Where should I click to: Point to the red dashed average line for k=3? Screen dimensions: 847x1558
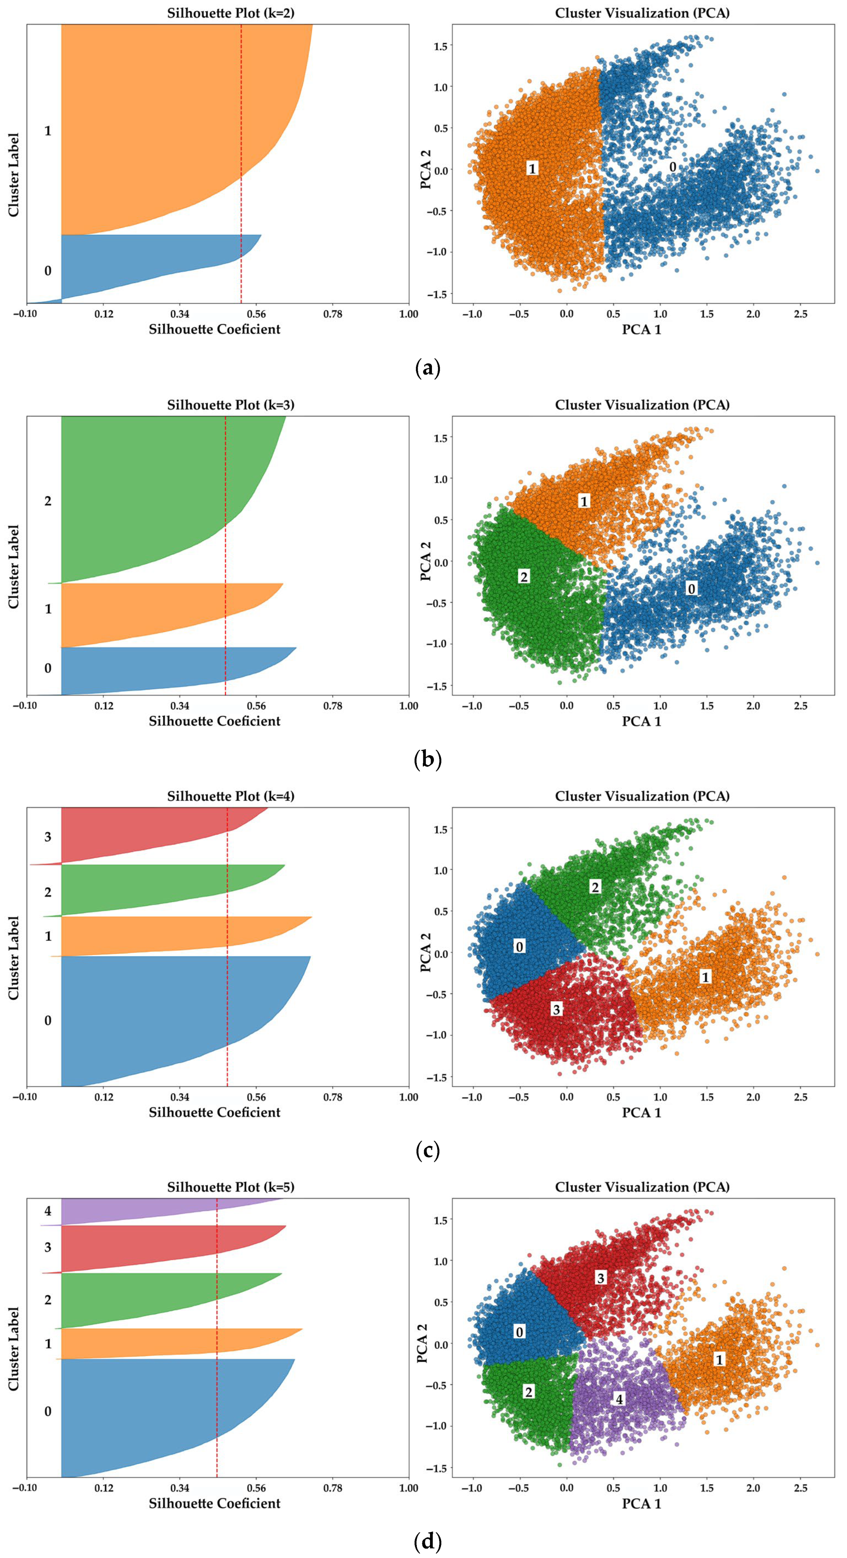click(x=225, y=556)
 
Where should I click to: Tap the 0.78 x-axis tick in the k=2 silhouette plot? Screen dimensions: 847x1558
click(x=332, y=314)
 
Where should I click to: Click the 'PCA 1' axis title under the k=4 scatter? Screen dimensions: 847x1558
click(x=641, y=1112)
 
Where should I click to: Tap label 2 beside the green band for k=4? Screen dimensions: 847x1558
click(x=48, y=892)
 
